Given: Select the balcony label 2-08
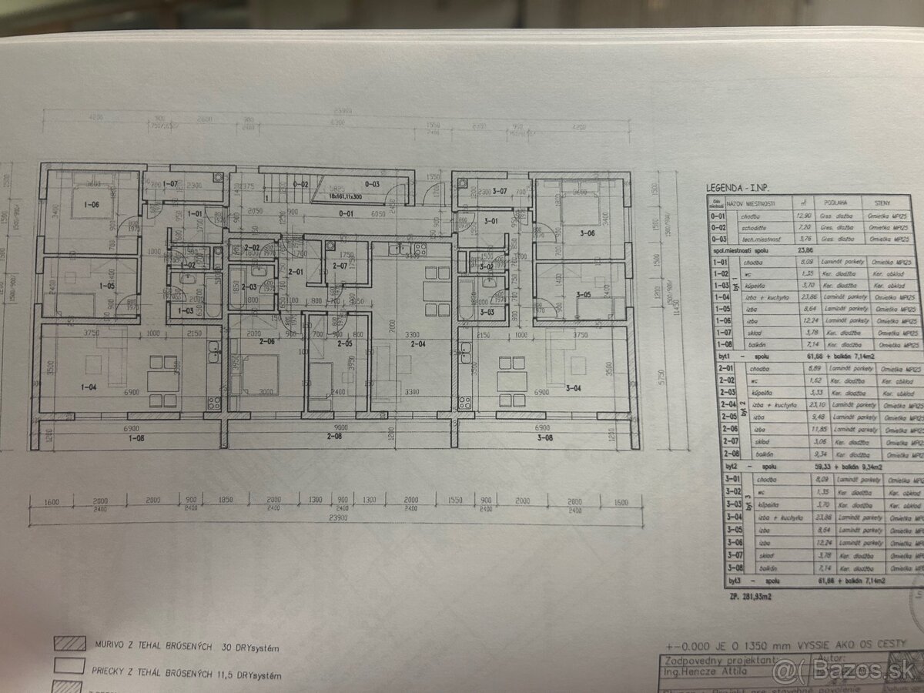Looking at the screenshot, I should coord(334,436).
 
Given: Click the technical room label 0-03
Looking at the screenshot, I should coord(372,184).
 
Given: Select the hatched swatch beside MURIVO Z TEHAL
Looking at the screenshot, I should coord(69,643).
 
